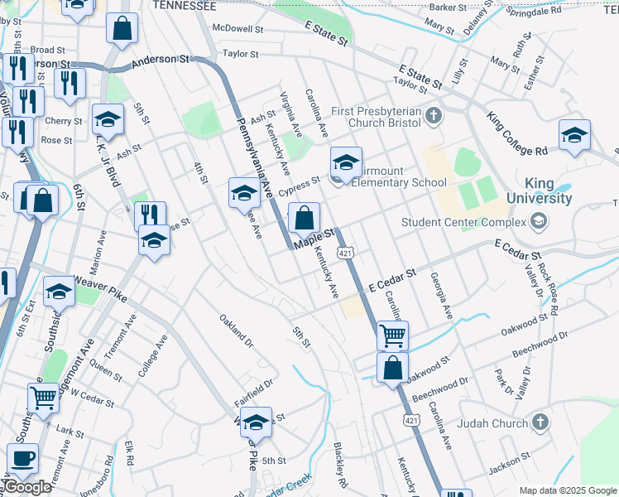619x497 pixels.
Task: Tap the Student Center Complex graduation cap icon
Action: pos(540,221)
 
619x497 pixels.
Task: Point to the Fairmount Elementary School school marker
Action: pos(347,162)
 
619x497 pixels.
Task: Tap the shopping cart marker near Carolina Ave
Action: pos(392,335)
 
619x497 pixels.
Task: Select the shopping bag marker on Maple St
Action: pos(305,219)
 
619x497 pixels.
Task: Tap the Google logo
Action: pos(26,487)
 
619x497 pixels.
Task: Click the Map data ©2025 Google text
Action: pos(568,490)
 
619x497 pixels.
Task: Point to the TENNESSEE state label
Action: pos(185,6)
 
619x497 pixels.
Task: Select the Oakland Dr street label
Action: pos(235,328)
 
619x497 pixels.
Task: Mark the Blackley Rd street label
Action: pos(338,463)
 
